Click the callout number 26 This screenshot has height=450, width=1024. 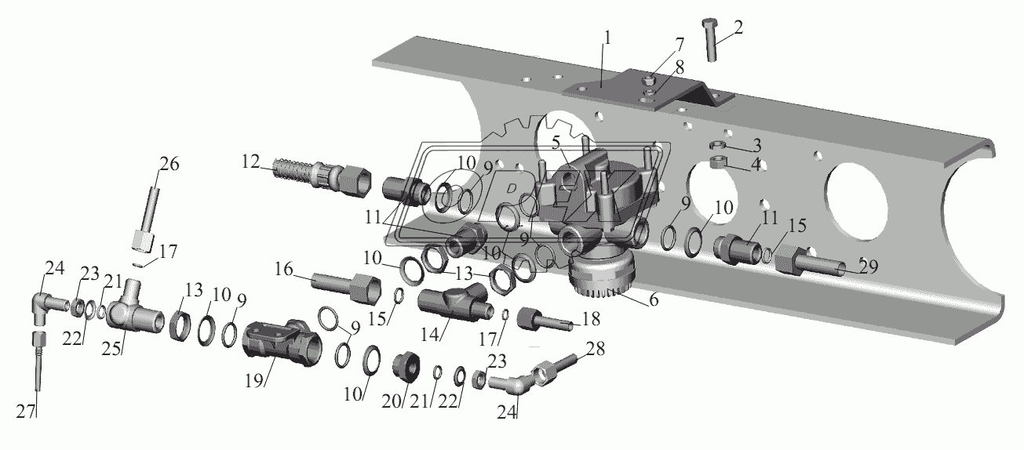click(x=169, y=164)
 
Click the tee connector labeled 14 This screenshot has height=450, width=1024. click(x=451, y=304)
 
